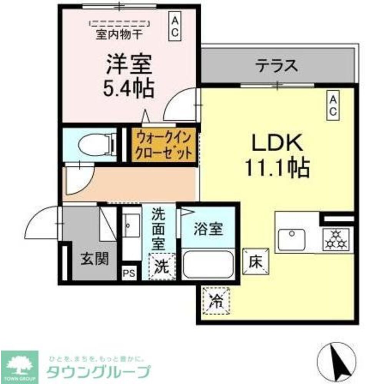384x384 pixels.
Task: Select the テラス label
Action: tap(277, 66)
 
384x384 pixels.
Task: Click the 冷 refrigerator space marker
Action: tap(216, 300)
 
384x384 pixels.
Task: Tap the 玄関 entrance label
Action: tap(94, 259)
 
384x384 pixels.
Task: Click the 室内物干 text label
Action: tap(119, 35)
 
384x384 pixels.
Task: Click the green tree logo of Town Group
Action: tap(19, 363)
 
